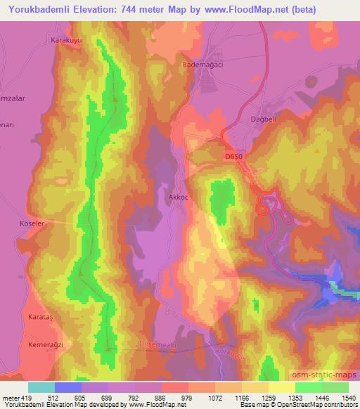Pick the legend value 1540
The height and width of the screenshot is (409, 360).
coord(340,398)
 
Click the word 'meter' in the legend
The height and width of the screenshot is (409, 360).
coord(11,398)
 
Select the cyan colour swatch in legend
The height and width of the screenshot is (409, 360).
coord(41,388)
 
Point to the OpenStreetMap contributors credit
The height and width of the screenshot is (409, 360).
coord(320,405)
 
